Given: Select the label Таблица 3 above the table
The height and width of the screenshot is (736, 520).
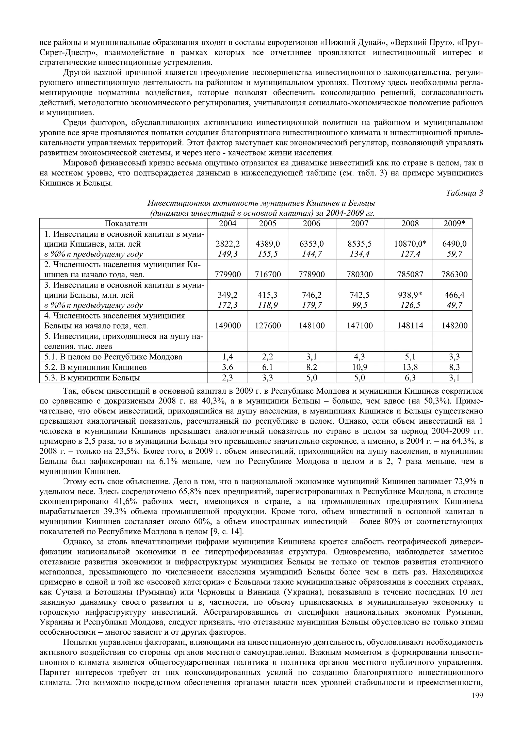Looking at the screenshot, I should point(464,193).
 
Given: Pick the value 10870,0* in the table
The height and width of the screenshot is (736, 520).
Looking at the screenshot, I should point(410,244).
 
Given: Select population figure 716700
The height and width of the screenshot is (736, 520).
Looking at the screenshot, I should point(268,274).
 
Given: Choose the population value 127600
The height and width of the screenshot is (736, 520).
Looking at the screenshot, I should point(268,326).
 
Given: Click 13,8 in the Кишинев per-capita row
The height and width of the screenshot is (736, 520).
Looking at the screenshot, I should point(410,367).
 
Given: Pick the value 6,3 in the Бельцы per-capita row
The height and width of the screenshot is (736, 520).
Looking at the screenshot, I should point(410,378).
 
